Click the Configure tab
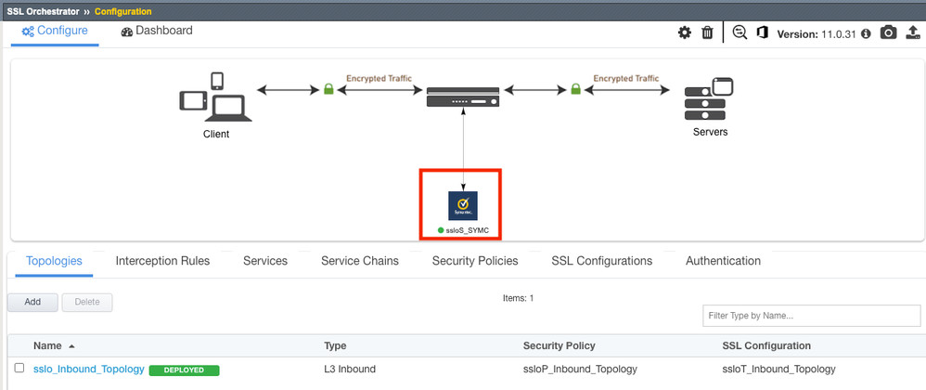(55, 31)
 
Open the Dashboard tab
(157, 31)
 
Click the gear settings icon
(685, 32)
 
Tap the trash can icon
(707, 32)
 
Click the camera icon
(888, 32)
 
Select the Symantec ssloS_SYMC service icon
(462, 205)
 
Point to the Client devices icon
(214, 98)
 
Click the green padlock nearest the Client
(328, 90)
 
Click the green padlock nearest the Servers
(575, 90)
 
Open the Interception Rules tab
(162, 261)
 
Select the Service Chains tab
(360, 261)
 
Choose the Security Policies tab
(475, 261)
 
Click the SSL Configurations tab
(601, 261)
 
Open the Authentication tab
(723, 261)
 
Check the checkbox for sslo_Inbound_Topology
(19, 369)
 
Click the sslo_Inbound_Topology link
(89, 369)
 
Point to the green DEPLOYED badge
(184, 370)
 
